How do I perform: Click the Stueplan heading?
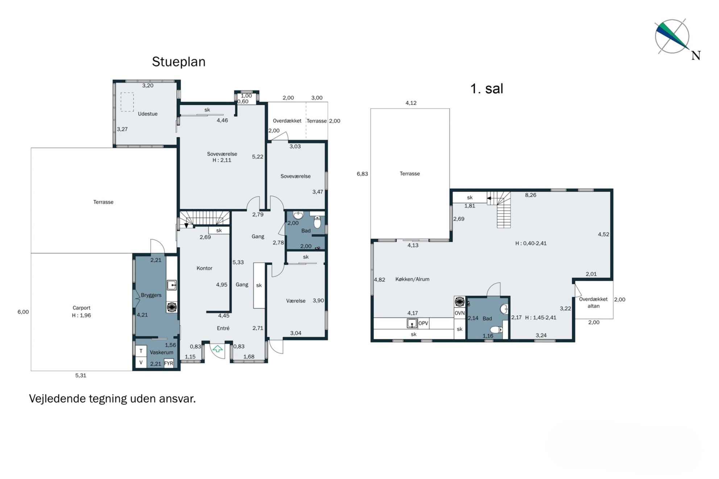point(179,62)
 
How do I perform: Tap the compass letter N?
point(696,55)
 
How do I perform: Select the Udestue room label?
point(147,114)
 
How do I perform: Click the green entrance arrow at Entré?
point(217,349)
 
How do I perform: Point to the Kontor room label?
point(204,268)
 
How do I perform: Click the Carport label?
point(81,308)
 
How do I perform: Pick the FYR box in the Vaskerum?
point(169,363)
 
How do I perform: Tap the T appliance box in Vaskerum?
point(141,351)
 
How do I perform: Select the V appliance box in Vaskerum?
point(141,362)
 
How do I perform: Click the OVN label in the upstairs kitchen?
point(460,313)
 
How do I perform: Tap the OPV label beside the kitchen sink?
point(423,323)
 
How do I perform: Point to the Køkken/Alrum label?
point(412,279)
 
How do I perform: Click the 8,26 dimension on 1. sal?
point(531,195)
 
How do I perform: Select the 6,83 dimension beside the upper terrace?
point(362,174)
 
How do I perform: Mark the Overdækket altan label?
point(593,303)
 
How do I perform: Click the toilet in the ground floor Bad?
point(317,222)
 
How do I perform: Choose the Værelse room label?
point(296,301)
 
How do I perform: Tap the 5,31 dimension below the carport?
point(81,375)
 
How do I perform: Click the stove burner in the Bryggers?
point(172,307)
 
